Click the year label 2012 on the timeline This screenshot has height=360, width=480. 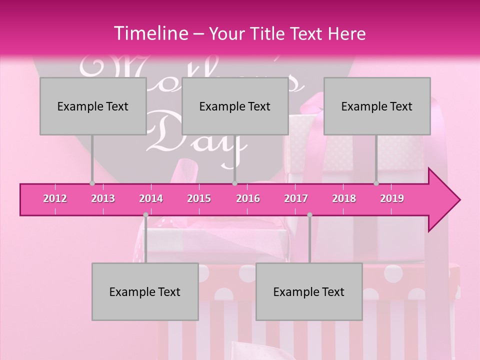pyautogui.click(x=55, y=198)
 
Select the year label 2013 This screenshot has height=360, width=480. pyautogui.click(x=103, y=198)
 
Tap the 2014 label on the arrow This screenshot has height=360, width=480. pyautogui.click(x=151, y=198)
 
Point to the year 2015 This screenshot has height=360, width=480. pyautogui.click(x=199, y=198)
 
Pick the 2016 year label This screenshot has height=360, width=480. pyautogui.click(x=248, y=198)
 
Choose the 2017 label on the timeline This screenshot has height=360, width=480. pyautogui.click(x=296, y=198)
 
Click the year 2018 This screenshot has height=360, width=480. pyautogui.click(x=344, y=198)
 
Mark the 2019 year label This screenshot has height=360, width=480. pyautogui.click(x=392, y=198)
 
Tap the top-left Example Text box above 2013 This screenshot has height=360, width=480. pyautogui.click(x=93, y=106)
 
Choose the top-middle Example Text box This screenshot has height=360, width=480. pyautogui.click(x=235, y=106)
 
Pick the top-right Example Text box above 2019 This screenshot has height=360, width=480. pyautogui.click(x=377, y=106)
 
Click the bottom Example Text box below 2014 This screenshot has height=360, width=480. pyautogui.click(x=145, y=291)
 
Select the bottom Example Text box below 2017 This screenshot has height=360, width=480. pyautogui.click(x=309, y=291)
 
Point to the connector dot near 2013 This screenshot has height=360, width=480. pyautogui.click(x=92, y=183)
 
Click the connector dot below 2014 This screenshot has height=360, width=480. pyautogui.click(x=145, y=215)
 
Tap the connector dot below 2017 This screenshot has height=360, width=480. pyautogui.click(x=309, y=215)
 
